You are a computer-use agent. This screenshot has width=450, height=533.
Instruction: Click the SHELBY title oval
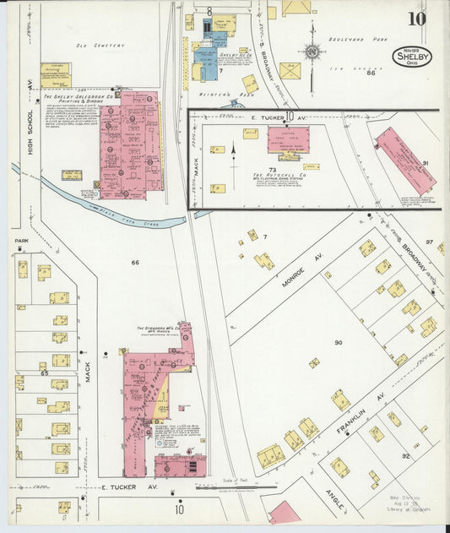coord(411,57)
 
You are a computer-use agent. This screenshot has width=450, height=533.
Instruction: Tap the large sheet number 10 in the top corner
coord(415,19)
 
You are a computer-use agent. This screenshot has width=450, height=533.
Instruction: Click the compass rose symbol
coord(312,52)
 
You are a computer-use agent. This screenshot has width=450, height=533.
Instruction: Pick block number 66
coord(134,263)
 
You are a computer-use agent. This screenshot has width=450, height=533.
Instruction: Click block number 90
coord(338,343)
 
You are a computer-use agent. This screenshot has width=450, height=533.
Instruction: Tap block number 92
coord(405,456)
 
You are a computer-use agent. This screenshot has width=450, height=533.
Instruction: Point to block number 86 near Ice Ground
coord(370,73)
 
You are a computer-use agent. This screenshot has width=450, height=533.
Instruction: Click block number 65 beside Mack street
coord(44,372)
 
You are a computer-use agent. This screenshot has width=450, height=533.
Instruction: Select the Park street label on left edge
coord(21,241)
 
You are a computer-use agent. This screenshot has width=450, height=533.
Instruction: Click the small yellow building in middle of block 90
coord(314,363)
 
